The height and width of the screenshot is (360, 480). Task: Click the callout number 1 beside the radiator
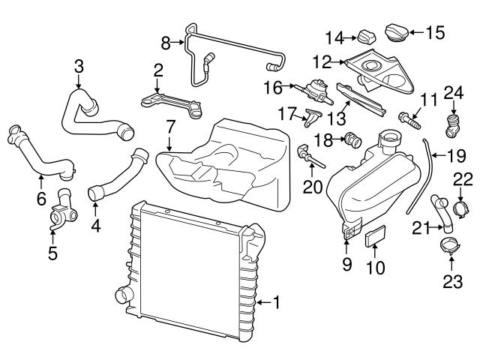pyautogui.click(x=276, y=302)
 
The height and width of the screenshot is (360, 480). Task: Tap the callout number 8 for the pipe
pyautogui.click(x=166, y=43)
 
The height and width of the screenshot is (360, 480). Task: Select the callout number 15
pyautogui.click(x=436, y=32)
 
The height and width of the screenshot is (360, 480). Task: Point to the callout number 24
pyautogui.click(x=451, y=93)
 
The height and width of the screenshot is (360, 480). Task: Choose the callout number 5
pyautogui.click(x=52, y=253)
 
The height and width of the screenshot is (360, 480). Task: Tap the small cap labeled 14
pyautogui.click(x=366, y=36)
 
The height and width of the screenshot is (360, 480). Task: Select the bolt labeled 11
pyautogui.click(x=406, y=117)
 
